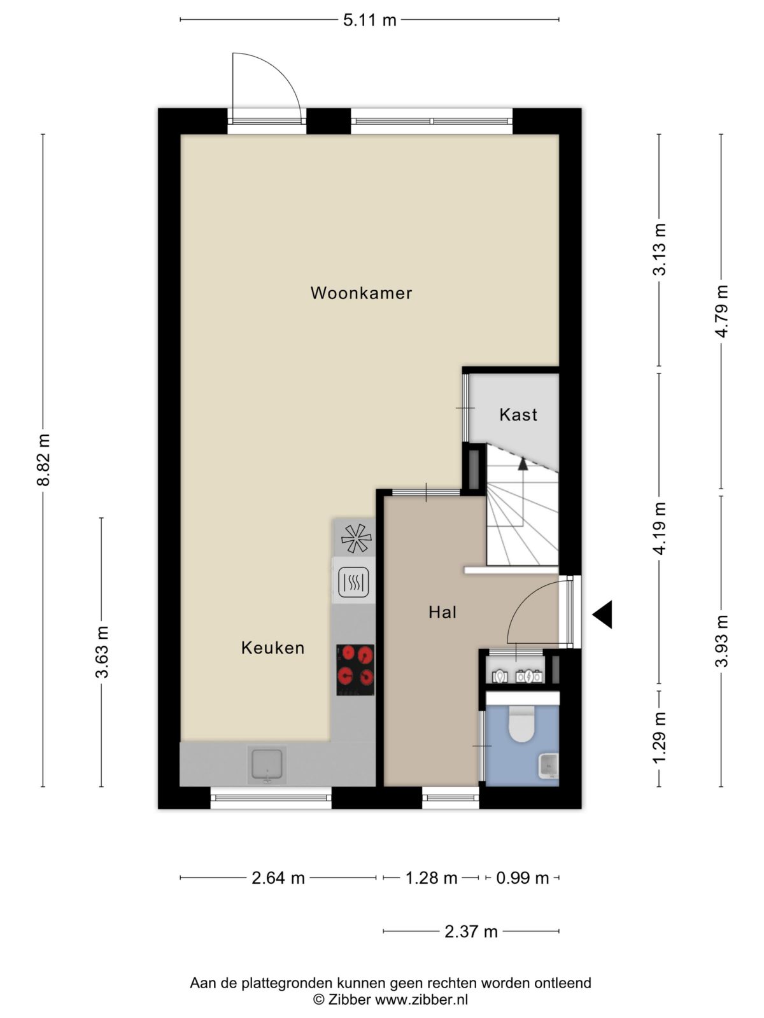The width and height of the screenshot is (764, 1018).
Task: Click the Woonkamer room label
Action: (361, 293)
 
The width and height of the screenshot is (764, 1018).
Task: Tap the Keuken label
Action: (272, 648)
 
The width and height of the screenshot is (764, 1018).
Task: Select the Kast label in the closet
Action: (518, 415)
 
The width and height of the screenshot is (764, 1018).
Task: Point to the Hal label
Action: (442, 612)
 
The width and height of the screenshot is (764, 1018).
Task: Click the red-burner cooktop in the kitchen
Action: (355, 670)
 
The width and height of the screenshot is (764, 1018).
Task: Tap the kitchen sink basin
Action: (267, 764)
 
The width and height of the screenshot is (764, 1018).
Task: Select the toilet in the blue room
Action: (522, 723)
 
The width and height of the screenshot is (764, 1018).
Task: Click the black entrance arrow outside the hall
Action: (602, 615)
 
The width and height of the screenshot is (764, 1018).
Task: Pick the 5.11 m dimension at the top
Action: (370, 20)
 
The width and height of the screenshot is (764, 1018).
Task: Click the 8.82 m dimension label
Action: (43, 459)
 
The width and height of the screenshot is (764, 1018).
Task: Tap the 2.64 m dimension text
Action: (278, 878)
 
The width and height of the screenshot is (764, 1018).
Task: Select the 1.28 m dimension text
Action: (432, 878)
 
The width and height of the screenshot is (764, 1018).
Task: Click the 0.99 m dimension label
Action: (522, 878)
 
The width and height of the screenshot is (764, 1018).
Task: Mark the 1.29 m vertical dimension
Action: (659, 737)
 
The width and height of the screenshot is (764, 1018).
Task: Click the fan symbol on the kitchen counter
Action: (357, 538)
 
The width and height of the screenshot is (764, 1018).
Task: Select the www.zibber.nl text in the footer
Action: (421, 1000)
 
